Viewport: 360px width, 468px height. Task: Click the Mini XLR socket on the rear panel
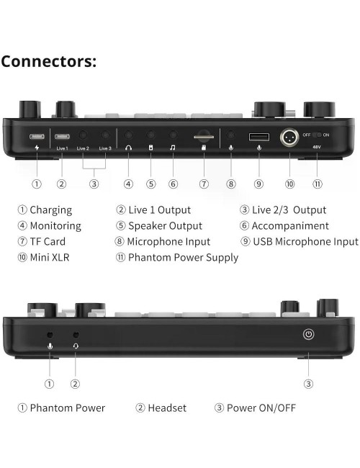(289, 138)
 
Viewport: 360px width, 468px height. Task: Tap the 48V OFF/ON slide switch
(317, 135)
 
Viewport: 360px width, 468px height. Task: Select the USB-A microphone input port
(258, 137)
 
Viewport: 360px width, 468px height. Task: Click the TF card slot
(204, 137)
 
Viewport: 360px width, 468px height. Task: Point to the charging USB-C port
(37, 137)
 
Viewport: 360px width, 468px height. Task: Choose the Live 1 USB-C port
(62, 137)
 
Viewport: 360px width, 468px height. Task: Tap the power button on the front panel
(308, 334)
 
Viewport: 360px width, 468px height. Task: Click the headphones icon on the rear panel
(128, 148)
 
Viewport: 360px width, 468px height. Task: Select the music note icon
(173, 148)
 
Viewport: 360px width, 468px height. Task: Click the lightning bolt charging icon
(37, 148)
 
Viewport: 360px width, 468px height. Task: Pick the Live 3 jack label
(105, 148)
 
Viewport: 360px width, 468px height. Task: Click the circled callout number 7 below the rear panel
(204, 184)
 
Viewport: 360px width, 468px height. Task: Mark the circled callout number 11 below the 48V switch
(318, 184)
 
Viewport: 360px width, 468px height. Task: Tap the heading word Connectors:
(49, 61)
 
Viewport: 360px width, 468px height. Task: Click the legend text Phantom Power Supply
(184, 257)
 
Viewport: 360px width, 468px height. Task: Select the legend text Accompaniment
(290, 225)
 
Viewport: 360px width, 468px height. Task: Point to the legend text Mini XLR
(50, 257)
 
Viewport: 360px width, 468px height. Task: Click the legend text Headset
(167, 408)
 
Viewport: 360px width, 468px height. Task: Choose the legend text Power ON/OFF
(261, 408)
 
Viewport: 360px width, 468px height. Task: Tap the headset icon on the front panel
(76, 346)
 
